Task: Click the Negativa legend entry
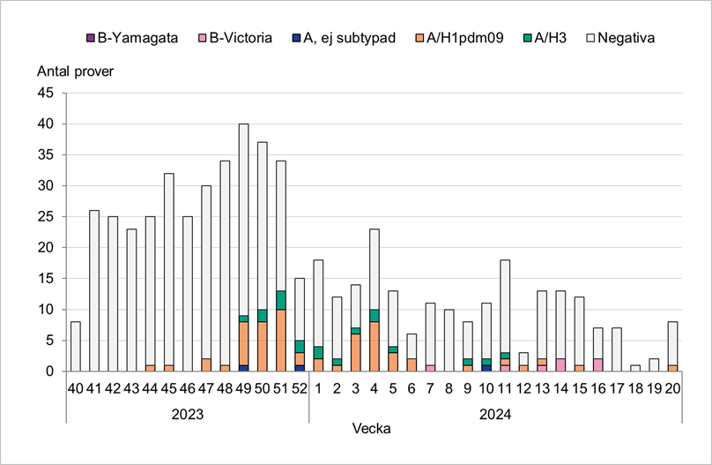coord(618,38)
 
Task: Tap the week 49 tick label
coord(243,389)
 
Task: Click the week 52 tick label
coord(300,389)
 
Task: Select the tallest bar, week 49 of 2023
coord(243,221)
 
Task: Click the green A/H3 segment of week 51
coord(281,300)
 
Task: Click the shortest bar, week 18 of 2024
coord(636,368)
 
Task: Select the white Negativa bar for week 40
coord(75,347)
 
